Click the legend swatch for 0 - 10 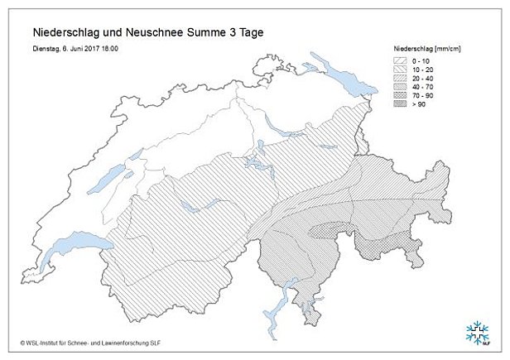pos(402,61)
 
